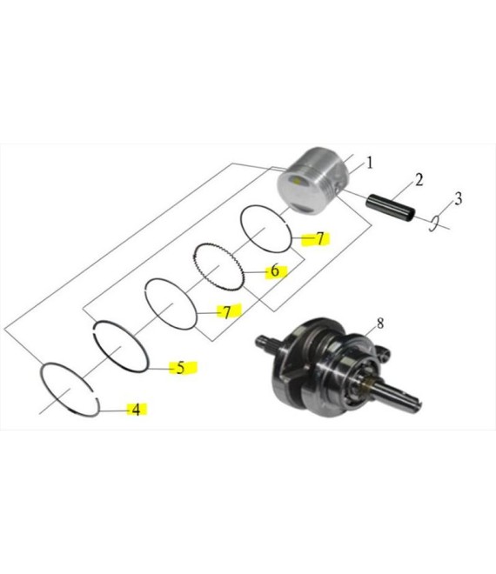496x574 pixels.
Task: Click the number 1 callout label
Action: point(369,163)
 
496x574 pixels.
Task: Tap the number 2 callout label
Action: point(419,180)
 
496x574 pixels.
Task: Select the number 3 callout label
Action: point(458,199)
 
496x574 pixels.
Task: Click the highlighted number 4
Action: point(136,410)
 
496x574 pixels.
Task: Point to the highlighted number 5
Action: point(181,368)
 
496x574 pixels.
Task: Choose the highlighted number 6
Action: point(275,270)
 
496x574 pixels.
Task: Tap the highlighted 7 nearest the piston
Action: point(320,238)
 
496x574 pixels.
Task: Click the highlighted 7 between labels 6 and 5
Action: point(227,312)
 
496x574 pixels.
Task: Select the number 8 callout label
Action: point(380,324)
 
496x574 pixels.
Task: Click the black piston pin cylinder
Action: point(392,207)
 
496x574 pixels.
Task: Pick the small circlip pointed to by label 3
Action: point(433,224)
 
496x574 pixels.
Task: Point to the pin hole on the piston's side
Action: point(338,189)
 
